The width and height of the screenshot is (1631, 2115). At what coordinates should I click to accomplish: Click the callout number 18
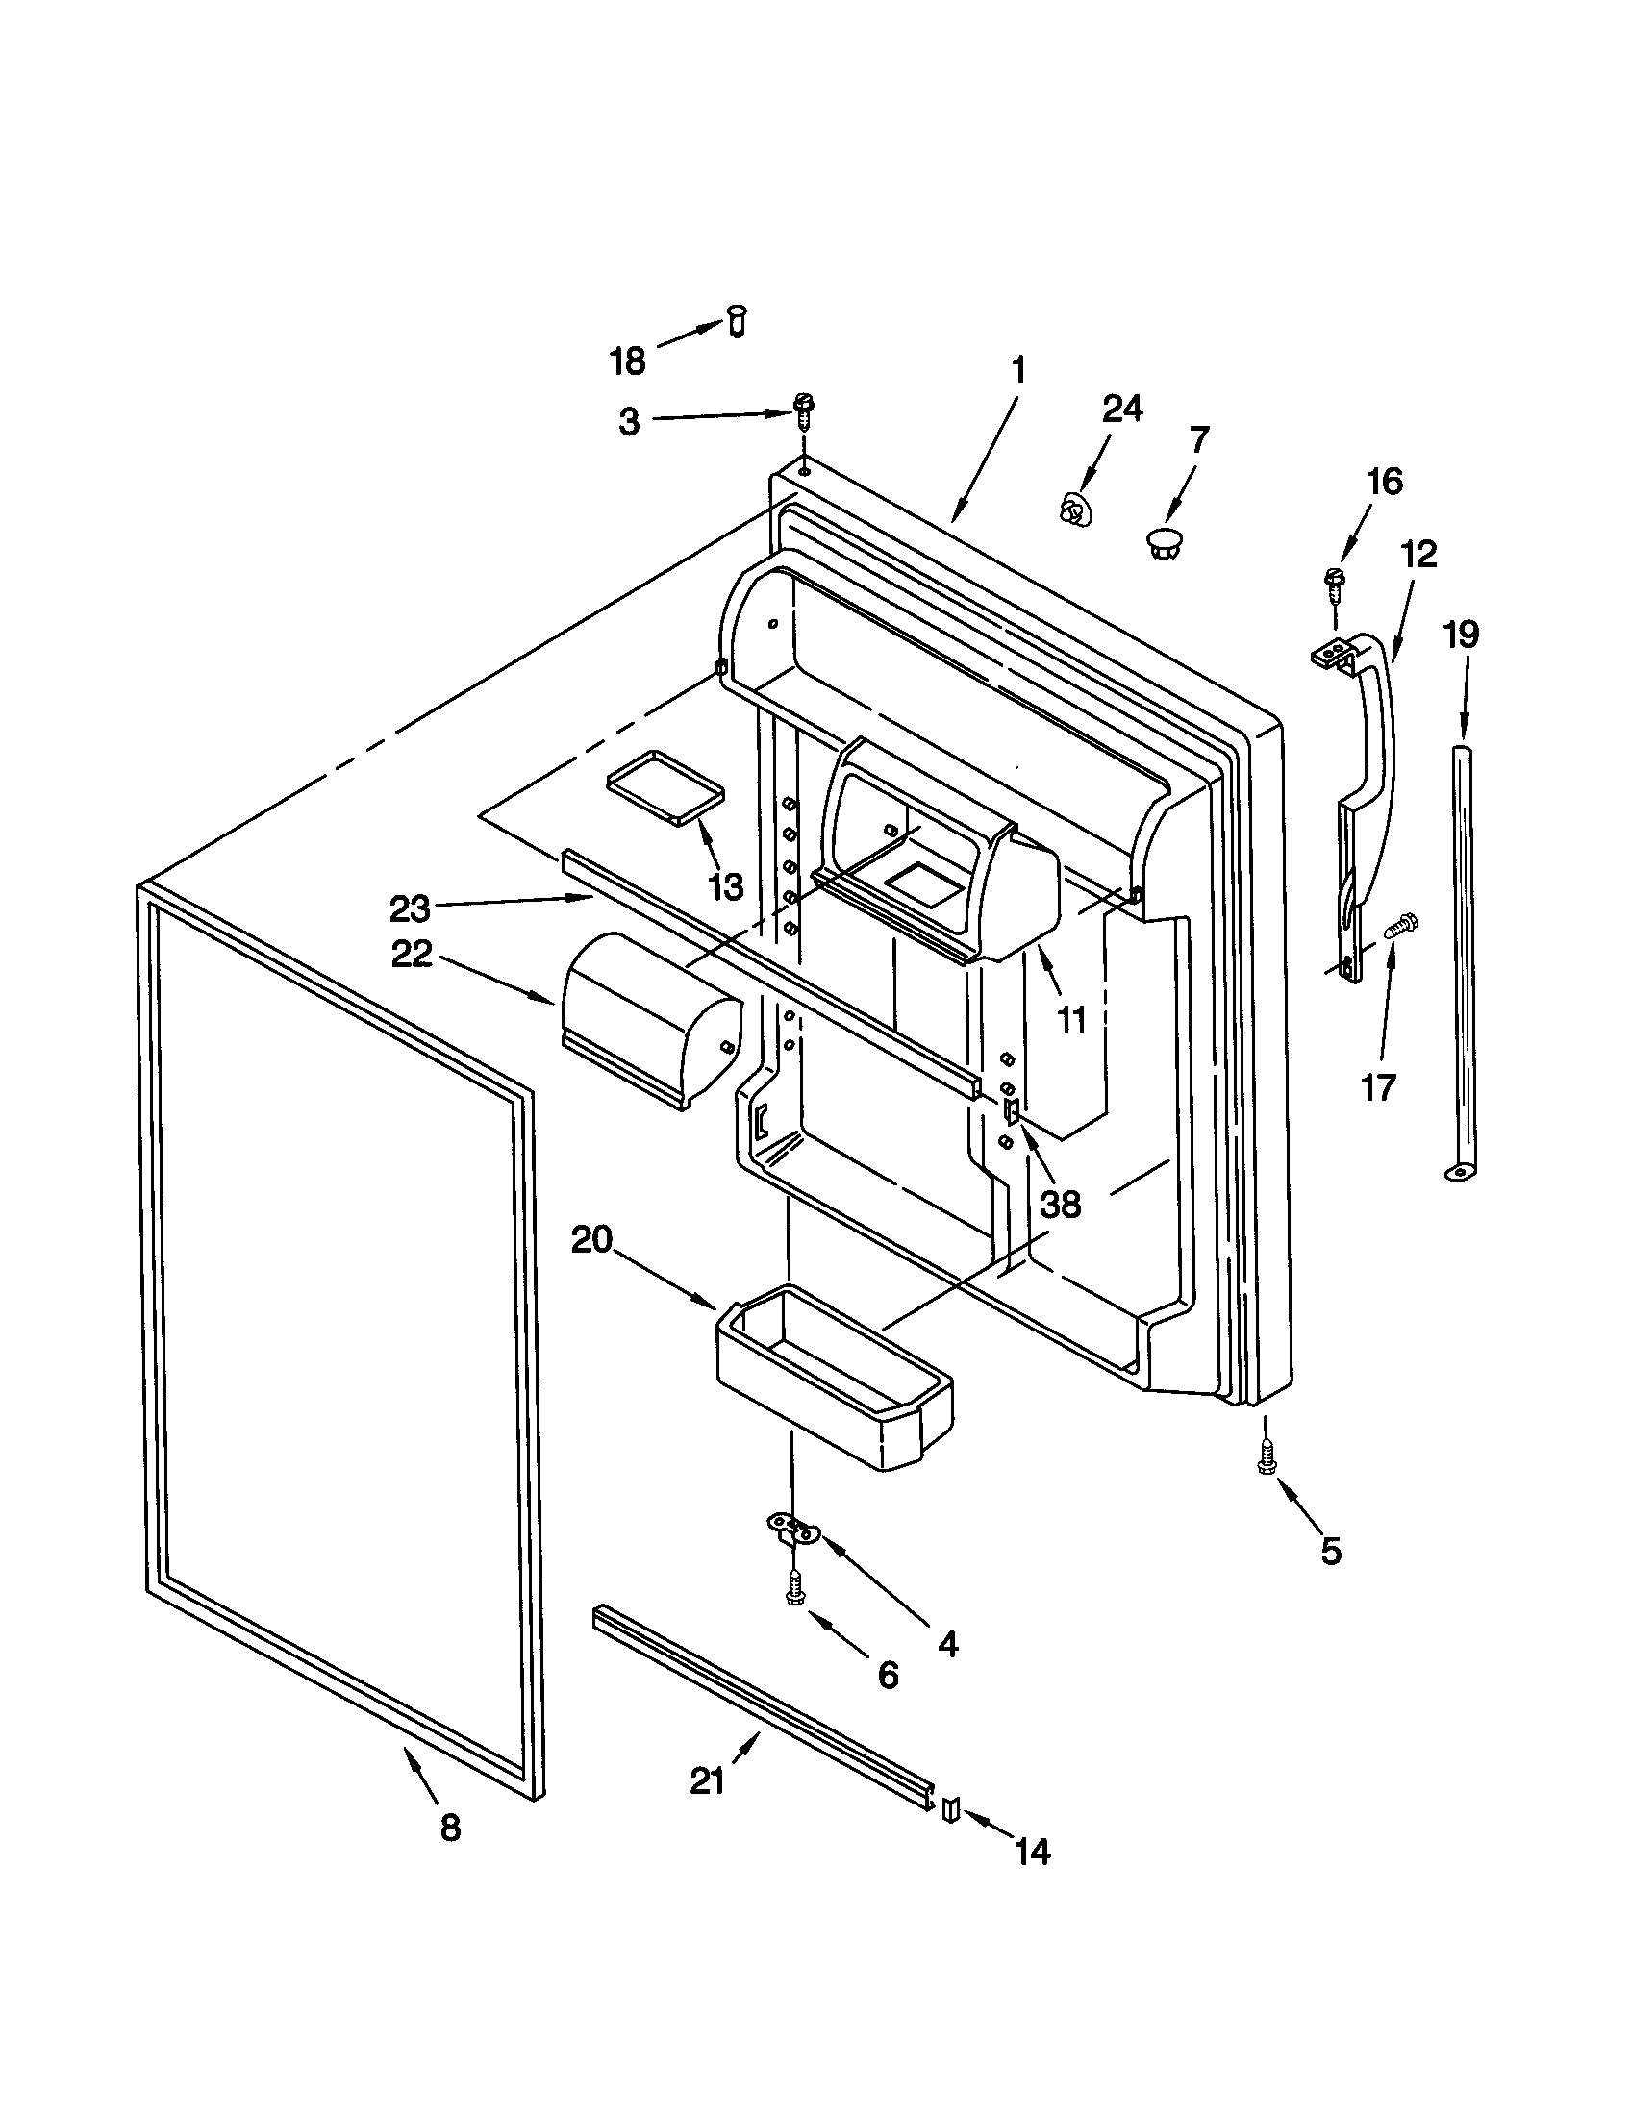point(627,362)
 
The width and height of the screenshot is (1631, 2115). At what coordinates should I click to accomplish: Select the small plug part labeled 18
point(737,319)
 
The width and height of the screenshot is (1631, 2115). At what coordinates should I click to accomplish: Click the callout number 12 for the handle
point(1417,555)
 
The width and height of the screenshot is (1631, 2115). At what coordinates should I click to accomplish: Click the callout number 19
point(1461,635)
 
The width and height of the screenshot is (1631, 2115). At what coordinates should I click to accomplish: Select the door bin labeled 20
point(833,1375)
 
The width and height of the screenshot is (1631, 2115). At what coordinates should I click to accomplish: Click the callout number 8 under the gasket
point(450,1828)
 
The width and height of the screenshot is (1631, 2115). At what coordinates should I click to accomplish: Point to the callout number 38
point(1061,1205)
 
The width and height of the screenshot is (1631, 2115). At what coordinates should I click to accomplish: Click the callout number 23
point(410,908)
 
